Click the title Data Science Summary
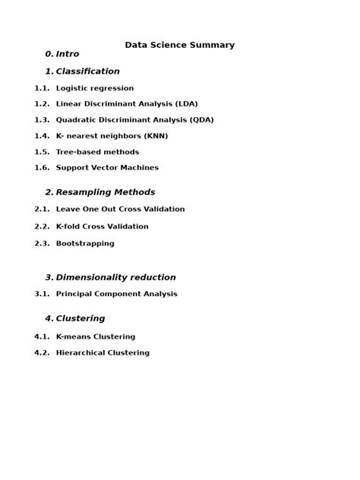[x=180, y=45]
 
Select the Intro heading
[x=67, y=54]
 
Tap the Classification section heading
[x=87, y=71]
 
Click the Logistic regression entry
[x=94, y=88]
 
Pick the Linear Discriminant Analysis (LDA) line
[x=126, y=104]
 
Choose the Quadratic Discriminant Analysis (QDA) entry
[x=134, y=120]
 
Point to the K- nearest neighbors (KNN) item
[x=112, y=136]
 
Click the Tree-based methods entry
[x=97, y=152]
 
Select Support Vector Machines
[x=107, y=168]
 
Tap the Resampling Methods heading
[x=105, y=192]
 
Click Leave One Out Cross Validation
[x=120, y=209]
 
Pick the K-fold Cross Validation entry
[x=102, y=226]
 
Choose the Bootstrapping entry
[x=85, y=244]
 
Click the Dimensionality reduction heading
[x=115, y=277]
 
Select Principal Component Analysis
[x=116, y=294]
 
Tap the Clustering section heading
[x=80, y=318]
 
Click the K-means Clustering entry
[x=96, y=336]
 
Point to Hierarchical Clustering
[x=103, y=352]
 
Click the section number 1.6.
[x=42, y=168]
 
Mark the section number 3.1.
[x=42, y=294]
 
